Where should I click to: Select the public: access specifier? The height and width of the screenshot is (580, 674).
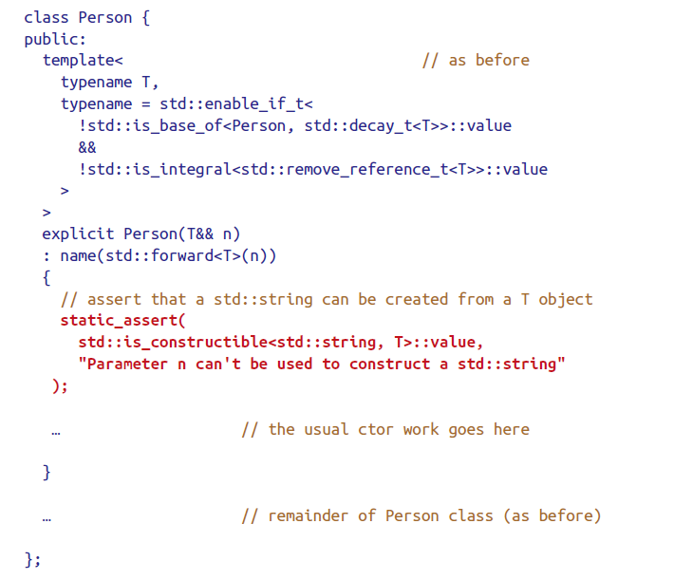pos(55,39)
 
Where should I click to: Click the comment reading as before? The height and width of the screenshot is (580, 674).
pos(476,60)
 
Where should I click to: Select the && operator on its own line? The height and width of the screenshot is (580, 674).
pos(87,147)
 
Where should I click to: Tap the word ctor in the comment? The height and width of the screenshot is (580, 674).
pos(376,429)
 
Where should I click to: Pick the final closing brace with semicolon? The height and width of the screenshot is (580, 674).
pos(32,559)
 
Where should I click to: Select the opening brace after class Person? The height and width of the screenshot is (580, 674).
pos(146,18)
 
